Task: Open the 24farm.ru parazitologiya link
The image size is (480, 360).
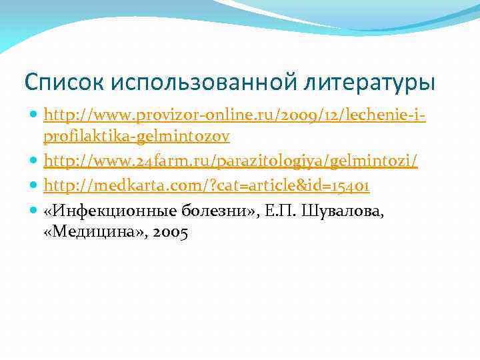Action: [230, 161]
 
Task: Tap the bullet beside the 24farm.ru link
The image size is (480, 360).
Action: [34, 161]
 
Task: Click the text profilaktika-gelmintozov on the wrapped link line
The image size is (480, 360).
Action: [137, 137]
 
